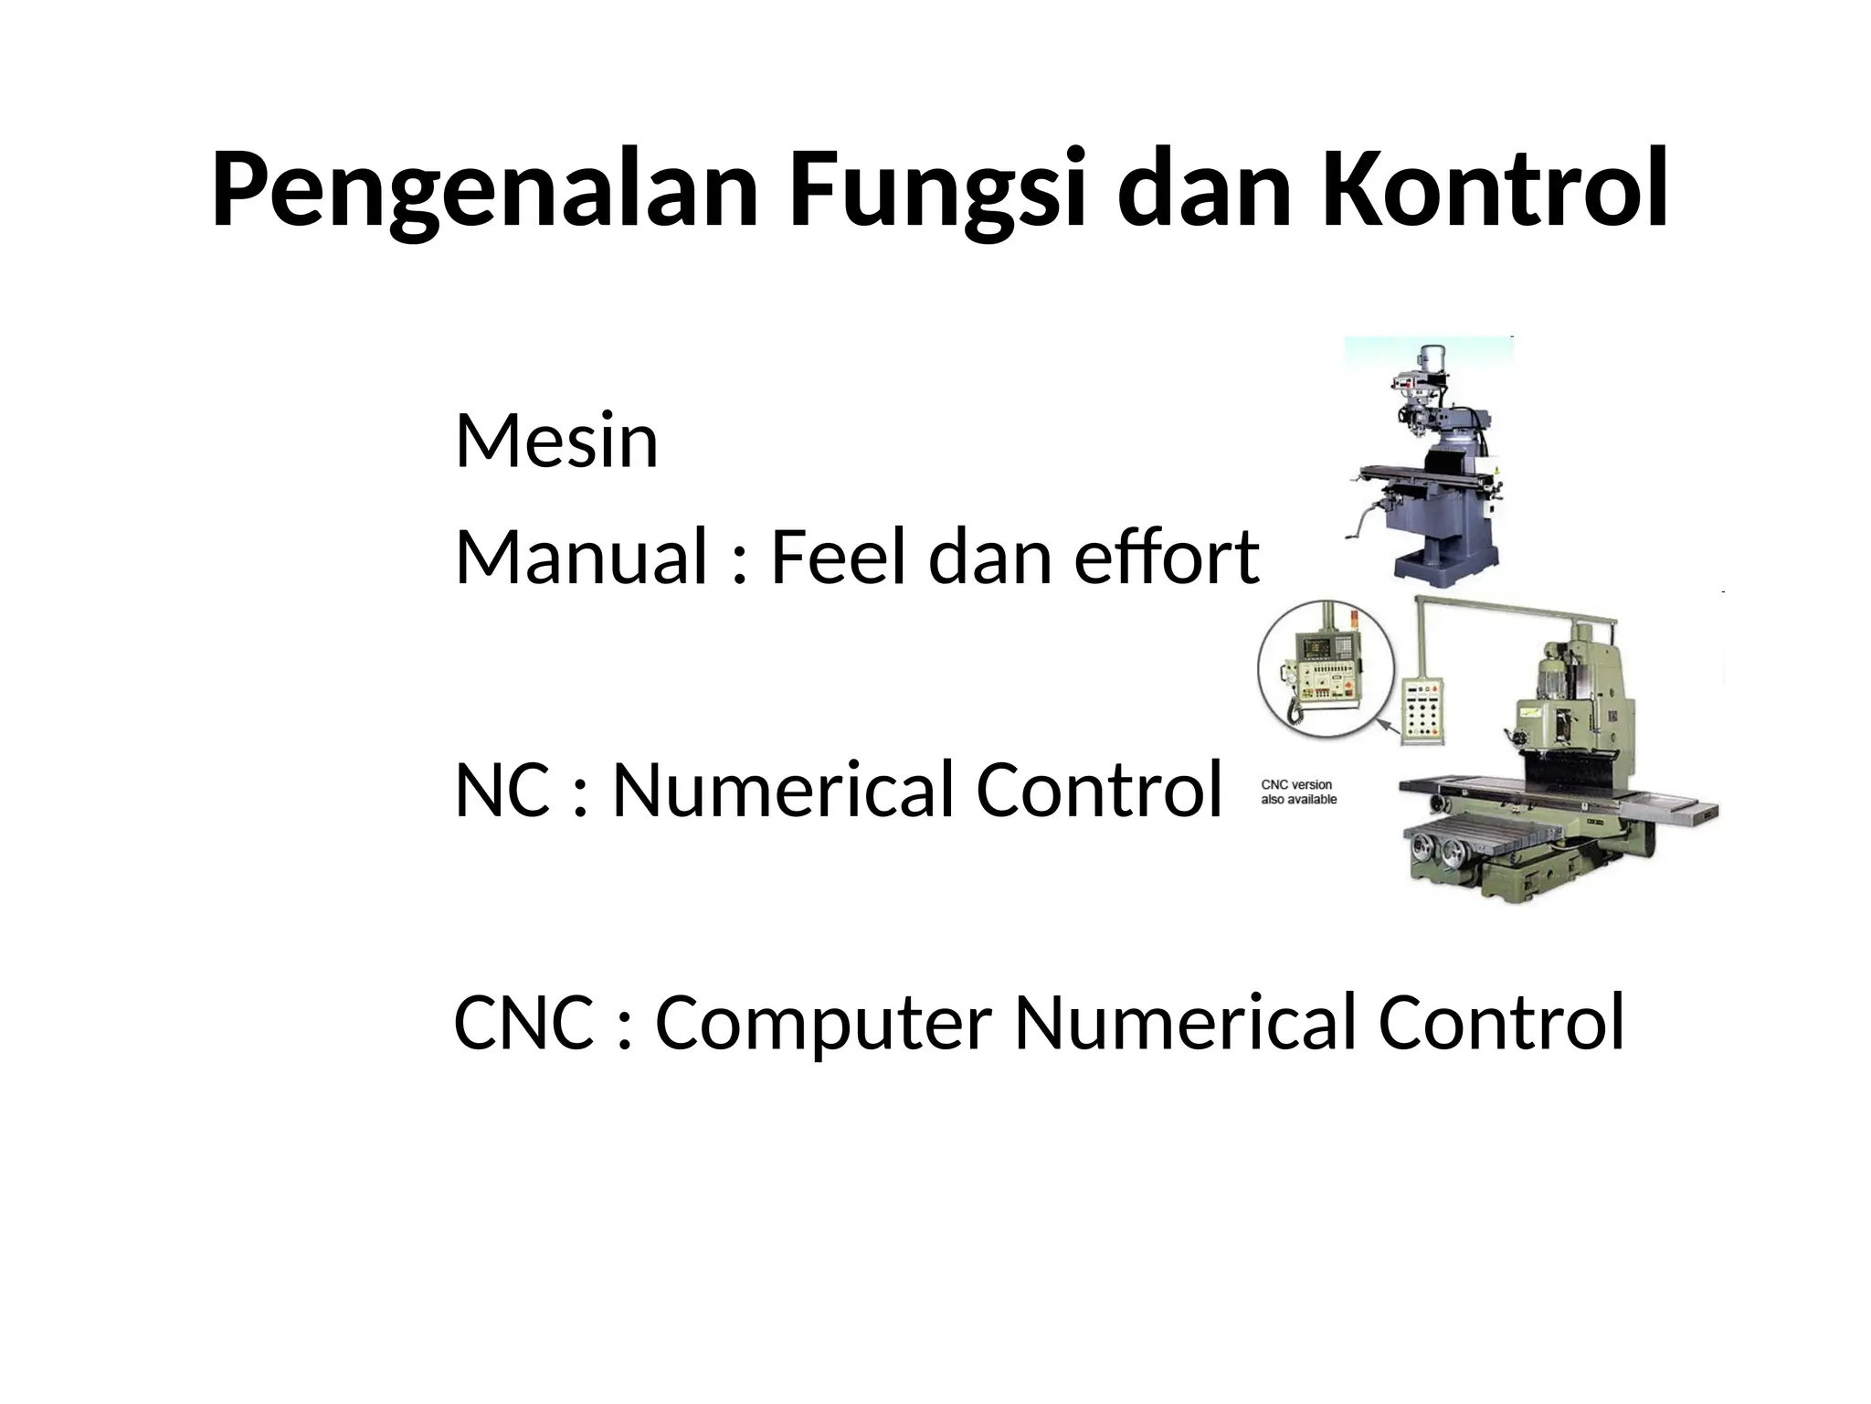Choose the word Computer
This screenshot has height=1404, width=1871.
tap(822, 1022)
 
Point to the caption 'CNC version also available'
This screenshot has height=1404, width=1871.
tap(1298, 792)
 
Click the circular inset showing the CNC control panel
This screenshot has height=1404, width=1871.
tap(1326, 669)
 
